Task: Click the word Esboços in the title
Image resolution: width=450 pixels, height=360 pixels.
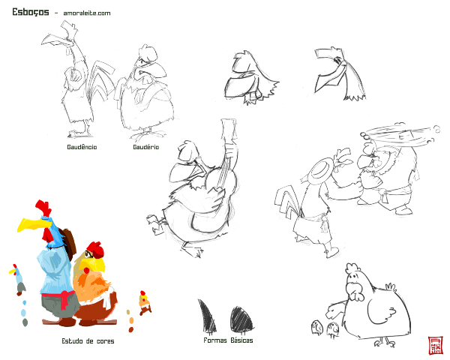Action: (31, 12)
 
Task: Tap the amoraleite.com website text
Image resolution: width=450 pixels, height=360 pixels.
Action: (87, 13)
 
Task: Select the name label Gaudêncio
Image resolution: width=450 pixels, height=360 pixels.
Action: (82, 147)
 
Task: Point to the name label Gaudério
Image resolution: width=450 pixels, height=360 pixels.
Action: (145, 147)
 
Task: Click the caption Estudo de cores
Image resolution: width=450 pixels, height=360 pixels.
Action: (88, 341)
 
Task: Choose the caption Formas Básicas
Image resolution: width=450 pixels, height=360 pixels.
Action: (228, 340)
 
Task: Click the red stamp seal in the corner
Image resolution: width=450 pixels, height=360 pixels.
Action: (435, 346)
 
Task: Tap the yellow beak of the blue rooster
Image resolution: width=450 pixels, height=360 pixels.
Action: (31, 224)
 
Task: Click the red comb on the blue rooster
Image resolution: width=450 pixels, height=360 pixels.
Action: (43, 207)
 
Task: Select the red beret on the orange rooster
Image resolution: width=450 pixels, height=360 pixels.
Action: (96, 249)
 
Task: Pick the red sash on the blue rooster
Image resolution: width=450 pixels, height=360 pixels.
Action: (61, 298)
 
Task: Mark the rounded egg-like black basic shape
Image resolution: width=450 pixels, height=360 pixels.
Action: (241, 319)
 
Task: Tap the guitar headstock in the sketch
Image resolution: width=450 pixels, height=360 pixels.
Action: (229, 128)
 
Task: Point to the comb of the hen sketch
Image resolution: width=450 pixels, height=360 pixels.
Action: (352, 268)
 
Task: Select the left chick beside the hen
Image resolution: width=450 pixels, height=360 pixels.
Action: (317, 327)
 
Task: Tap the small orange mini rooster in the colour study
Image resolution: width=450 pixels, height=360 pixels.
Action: (145, 302)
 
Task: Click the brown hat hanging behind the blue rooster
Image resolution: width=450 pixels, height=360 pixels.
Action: (69, 242)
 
